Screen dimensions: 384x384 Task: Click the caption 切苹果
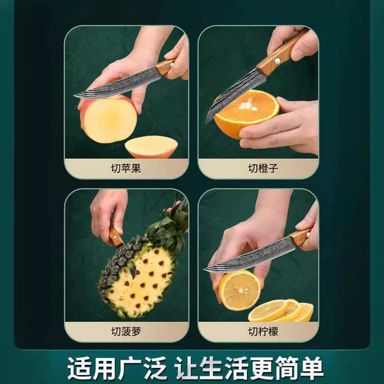pos(126,168)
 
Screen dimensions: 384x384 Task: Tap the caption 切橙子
pos(263,168)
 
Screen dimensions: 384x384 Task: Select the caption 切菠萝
pos(126,332)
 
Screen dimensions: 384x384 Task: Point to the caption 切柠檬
pos(263,332)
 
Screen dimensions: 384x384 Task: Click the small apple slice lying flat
pos(151,147)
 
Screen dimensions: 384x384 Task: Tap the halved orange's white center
pos(248,106)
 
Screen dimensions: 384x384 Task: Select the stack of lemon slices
pos(281,310)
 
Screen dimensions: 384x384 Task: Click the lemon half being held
pos(239,290)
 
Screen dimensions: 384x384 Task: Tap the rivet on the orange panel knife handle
pos(277,61)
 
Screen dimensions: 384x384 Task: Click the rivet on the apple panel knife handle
pos(172,65)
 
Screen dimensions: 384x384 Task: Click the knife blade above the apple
pos(118,84)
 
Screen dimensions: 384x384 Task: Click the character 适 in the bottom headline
pos(79,368)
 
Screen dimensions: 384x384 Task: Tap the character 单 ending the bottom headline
pos(312,368)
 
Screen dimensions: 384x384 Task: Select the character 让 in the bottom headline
pos(187,368)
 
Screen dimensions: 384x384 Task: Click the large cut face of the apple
pos(110,121)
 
